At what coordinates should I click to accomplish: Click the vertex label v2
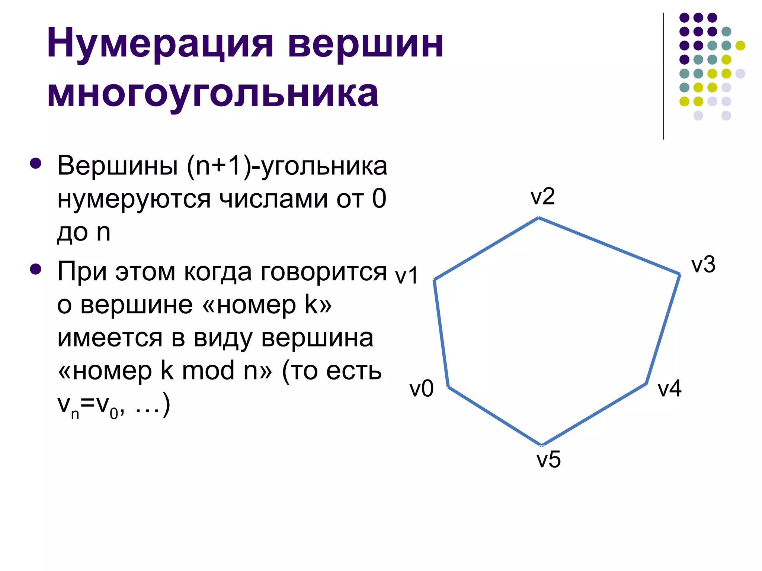tap(542, 197)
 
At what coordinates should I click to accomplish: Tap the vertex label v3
tap(703, 265)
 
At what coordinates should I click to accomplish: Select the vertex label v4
tap(669, 389)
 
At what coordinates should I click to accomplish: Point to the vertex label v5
tap(548, 459)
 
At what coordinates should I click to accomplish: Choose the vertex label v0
tap(422, 389)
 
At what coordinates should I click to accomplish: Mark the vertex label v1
tap(407, 276)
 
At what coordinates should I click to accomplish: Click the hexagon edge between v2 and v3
tap(609, 246)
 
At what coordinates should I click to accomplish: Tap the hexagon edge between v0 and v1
tap(441, 333)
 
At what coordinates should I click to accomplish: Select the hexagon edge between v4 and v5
tap(594, 414)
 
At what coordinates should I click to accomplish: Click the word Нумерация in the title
tap(160, 44)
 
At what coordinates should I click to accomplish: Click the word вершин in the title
tap(365, 44)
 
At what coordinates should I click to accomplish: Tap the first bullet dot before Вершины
tap(36, 164)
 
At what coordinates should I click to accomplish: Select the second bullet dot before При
tap(36, 269)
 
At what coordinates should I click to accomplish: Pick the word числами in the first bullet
tap(273, 199)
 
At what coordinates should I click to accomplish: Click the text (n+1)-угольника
tap(287, 166)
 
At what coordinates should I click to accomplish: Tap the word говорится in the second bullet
tap(324, 271)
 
